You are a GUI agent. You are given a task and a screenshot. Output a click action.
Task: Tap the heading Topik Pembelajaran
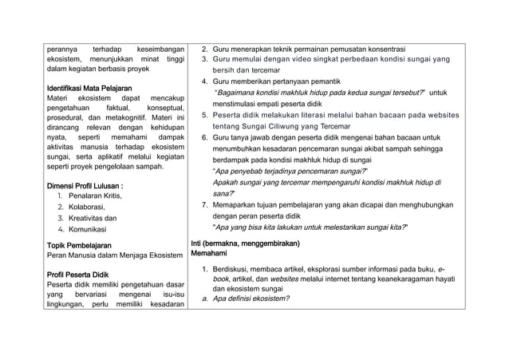pyautogui.click(x=77, y=245)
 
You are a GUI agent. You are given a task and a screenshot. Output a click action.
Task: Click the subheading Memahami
pyautogui.click(x=209, y=253)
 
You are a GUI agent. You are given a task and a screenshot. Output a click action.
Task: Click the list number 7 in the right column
pyautogui.click(x=205, y=204)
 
